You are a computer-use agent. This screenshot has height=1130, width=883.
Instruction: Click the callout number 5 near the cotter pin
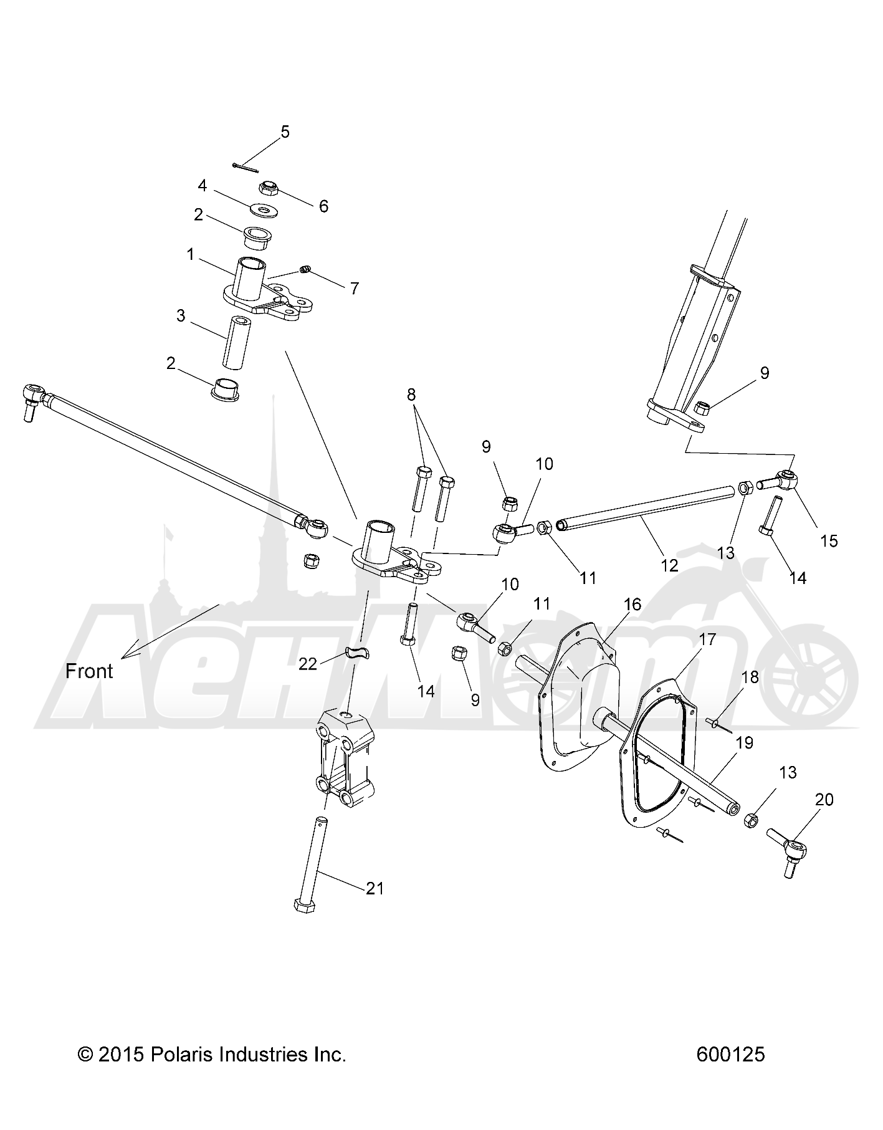pyautogui.click(x=285, y=132)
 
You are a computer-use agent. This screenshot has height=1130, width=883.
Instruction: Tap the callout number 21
pyautogui.click(x=375, y=888)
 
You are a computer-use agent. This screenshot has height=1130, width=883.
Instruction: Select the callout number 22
pyautogui.click(x=308, y=664)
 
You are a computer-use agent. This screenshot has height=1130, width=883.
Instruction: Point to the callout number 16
pyautogui.click(x=632, y=604)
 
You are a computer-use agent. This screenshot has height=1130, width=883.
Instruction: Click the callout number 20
pyautogui.click(x=824, y=799)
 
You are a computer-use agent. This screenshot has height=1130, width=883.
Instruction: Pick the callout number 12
pyautogui.click(x=669, y=565)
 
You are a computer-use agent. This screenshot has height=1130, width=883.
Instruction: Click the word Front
pyautogui.click(x=89, y=671)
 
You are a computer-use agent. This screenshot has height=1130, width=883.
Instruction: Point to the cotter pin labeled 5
pyautogui.click(x=244, y=167)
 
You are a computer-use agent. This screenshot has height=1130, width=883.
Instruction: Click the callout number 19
pyautogui.click(x=744, y=742)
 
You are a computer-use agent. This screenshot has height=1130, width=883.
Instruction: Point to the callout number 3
pyautogui.click(x=181, y=316)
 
